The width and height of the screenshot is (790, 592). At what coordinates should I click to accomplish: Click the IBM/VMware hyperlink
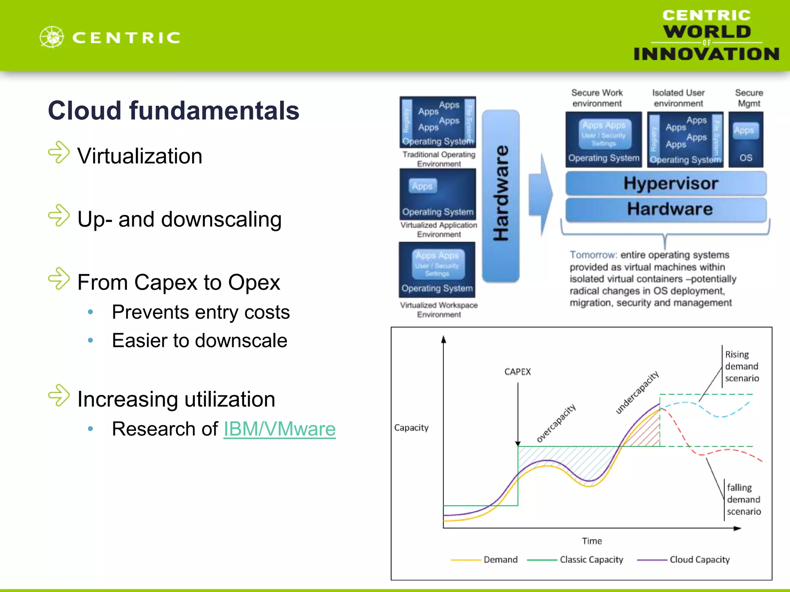tap(279, 429)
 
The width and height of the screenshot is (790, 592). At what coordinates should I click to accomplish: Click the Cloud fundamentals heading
tap(174, 111)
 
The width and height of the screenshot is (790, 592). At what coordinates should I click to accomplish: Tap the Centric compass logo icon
tap(52, 37)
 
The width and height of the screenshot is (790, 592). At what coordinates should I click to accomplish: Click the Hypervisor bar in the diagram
tap(666, 183)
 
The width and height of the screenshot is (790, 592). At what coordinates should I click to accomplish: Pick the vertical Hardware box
tap(501, 196)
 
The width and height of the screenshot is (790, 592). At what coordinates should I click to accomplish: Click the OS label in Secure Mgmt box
tap(746, 158)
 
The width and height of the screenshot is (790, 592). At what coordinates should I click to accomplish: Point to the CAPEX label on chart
tap(517, 372)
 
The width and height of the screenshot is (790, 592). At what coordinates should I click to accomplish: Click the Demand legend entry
tap(500, 560)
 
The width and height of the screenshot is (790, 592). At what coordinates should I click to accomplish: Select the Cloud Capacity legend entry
tap(699, 560)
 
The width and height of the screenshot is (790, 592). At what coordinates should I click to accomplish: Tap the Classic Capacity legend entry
tap(591, 560)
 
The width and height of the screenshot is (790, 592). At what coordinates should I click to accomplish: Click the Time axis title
tap(592, 541)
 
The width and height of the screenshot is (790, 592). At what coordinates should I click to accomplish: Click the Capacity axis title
tap(411, 428)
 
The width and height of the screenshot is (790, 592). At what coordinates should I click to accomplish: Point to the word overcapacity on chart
tap(556, 423)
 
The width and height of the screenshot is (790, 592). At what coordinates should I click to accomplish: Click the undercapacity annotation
tap(637, 392)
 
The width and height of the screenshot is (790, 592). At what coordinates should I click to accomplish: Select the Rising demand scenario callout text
tap(741, 366)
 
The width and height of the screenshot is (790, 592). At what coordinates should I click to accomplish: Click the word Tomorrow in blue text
tap(593, 255)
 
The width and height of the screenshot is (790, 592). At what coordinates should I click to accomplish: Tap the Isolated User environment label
tap(678, 98)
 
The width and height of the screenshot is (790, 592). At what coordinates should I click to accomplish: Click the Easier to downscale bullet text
tap(199, 341)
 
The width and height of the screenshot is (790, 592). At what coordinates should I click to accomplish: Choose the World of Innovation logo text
tap(706, 35)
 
